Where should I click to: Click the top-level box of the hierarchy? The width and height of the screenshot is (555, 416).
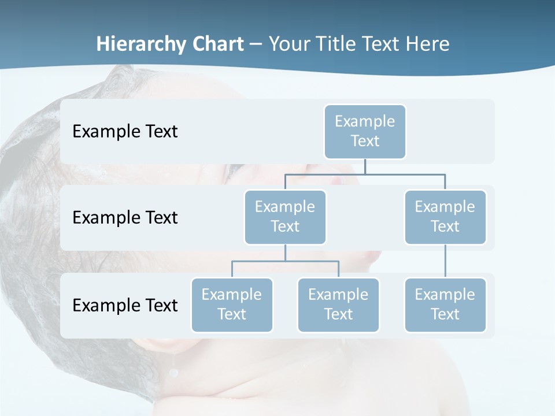coord(365,131)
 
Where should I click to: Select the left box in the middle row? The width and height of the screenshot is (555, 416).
coord(285,217)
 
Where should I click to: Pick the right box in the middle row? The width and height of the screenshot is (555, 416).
coord(445,217)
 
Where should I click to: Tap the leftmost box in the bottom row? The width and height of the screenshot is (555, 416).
coord(232,304)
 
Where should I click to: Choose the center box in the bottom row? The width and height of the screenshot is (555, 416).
coord(338,304)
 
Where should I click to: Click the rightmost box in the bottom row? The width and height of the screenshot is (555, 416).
coord(445,304)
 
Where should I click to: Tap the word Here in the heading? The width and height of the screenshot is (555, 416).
coord(428,44)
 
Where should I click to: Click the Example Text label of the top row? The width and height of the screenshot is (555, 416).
coord(125,131)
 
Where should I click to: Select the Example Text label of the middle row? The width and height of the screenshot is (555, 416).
coord(125,217)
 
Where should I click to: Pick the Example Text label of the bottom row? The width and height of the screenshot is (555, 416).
coord(125,304)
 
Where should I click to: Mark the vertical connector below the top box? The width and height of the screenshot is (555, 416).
coord(365,166)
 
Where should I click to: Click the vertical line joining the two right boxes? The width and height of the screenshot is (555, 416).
coord(445,261)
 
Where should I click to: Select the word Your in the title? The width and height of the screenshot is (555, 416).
coord(290,44)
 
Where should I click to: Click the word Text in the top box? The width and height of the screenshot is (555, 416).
coord(365,141)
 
